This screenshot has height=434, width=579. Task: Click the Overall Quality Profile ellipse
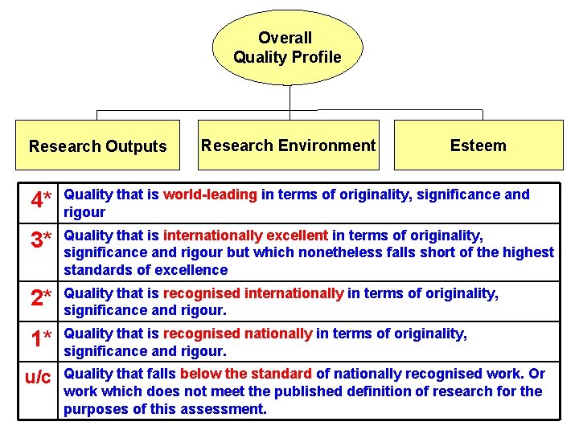pos(287,47)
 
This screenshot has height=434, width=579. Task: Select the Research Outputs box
pos(98,145)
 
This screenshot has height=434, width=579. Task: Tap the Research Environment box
pos(288,145)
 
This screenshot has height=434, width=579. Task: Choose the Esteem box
pos(478,145)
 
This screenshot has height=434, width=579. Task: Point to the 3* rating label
pos(41,240)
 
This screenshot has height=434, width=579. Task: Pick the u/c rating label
pos(38,377)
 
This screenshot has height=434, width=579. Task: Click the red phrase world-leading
pos(210,194)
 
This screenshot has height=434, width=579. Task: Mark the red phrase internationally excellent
pos(245,235)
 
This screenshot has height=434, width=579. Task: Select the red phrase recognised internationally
pos(253,293)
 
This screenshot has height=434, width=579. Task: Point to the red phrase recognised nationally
pos(238,334)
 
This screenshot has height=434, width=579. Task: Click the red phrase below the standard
pos(246,374)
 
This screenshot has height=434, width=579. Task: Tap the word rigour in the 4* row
pos(84,212)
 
